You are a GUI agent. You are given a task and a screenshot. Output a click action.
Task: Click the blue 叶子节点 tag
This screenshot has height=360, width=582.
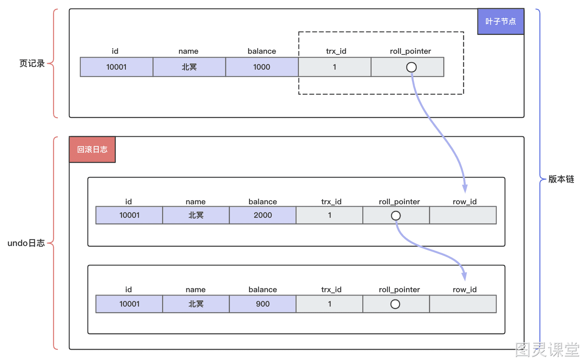pyautogui.click(x=501, y=21)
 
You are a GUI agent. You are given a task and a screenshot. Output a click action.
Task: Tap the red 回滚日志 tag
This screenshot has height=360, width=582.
pyautogui.click(x=92, y=150)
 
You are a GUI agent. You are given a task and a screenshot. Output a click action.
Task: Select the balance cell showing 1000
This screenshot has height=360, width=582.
pyautogui.click(x=262, y=67)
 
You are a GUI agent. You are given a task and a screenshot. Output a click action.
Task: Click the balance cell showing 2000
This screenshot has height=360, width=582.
pyautogui.click(x=263, y=215)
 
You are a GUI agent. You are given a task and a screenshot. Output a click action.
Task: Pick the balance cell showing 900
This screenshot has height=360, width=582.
pyautogui.click(x=263, y=304)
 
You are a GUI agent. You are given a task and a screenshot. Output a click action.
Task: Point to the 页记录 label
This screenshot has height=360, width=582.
pyautogui.click(x=32, y=63)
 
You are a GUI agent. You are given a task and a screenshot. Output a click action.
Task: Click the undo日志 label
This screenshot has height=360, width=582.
pyautogui.click(x=26, y=243)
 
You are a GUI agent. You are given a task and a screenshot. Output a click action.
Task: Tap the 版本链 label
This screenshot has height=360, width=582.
pyautogui.click(x=561, y=179)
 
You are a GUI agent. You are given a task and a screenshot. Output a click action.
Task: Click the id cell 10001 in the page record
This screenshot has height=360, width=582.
pyautogui.click(x=116, y=67)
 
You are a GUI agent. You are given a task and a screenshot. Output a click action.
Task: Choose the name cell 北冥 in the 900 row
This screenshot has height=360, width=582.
pyautogui.click(x=196, y=304)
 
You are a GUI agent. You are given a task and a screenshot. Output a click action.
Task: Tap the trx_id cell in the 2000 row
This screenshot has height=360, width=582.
pyautogui.click(x=330, y=215)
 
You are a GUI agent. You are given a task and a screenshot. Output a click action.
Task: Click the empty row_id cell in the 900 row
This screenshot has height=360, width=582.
pyautogui.click(x=463, y=304)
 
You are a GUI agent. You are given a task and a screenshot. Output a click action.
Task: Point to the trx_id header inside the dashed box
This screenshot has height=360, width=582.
pyautogui.click(x=336, y=51)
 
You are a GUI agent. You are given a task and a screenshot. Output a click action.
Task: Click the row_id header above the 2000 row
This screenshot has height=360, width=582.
pyautogui.click(x=465, y=202)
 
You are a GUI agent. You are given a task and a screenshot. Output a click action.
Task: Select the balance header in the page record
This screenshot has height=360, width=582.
pyautogui.click(x=262, y=51)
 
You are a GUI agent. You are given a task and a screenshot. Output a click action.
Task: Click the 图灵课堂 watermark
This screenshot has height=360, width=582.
pyautogui.click(x=547, y=349)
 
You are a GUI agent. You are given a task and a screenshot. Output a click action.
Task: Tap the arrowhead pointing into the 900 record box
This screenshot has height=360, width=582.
pyautogui.click(x=465, y=276)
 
